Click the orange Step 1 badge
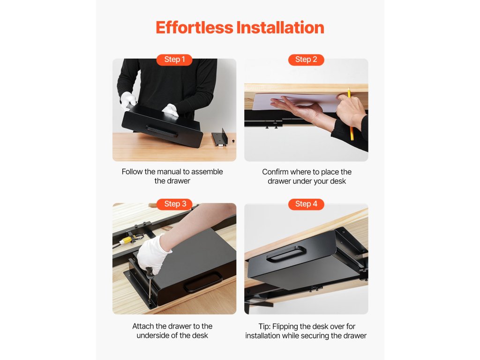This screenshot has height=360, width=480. [x=174, y=60]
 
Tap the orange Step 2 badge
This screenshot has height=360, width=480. [x=306, y=60]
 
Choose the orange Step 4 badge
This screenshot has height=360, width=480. [x=306, y=204]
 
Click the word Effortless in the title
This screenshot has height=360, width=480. [x=195, y=28]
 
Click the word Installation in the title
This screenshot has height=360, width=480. [x=280, y=28]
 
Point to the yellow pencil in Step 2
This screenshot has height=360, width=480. [x=350, y=114]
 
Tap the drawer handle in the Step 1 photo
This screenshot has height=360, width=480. [x=161, y=131]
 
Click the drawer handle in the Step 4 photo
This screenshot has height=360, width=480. [x=286, y=254]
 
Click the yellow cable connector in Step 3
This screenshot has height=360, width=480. [x=126, y=240]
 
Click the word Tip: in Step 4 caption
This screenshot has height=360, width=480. [x=264, y=327]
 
